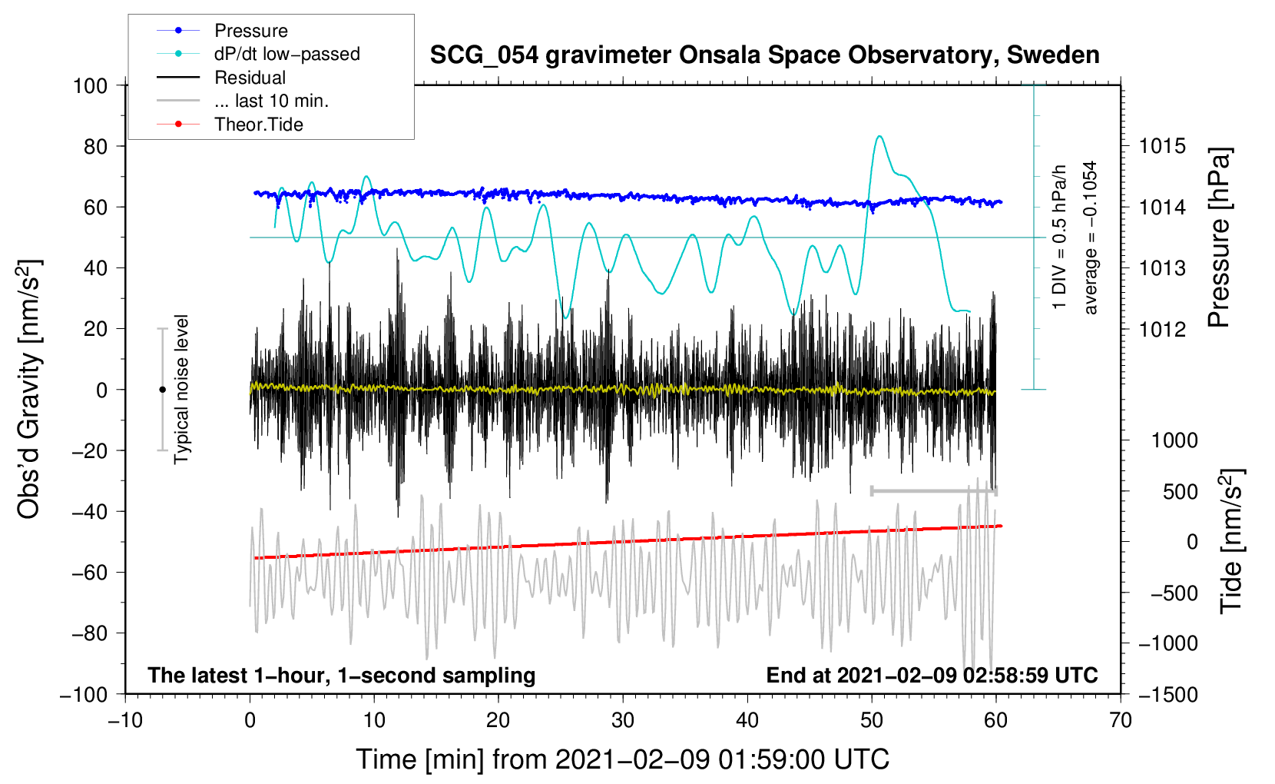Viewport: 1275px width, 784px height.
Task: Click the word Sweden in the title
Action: coord(1053,55)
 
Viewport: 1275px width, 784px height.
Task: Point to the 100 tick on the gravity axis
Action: coord(90,86)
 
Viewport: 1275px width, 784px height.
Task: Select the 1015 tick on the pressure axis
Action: coord(1162,147)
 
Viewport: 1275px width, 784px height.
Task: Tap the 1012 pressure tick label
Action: coord(1162,329)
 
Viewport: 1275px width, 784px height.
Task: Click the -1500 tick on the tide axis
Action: coord(1167,695)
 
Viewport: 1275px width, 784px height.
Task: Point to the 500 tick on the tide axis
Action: coord(1180,491)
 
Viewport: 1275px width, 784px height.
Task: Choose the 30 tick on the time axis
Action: coord(623,720)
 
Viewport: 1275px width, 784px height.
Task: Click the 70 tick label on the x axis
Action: coord(1120,720)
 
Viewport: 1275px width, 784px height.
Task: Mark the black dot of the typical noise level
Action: coord(162,390)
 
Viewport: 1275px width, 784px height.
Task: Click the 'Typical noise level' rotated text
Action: coord(181,390)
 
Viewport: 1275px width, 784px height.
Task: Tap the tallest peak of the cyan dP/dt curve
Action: coord(879,136)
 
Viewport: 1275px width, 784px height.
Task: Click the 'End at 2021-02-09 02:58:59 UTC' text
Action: coord(932,675)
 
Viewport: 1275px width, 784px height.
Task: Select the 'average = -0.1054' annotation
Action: coord(1089,238)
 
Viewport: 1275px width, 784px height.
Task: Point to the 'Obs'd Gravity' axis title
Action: coord(28,389)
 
